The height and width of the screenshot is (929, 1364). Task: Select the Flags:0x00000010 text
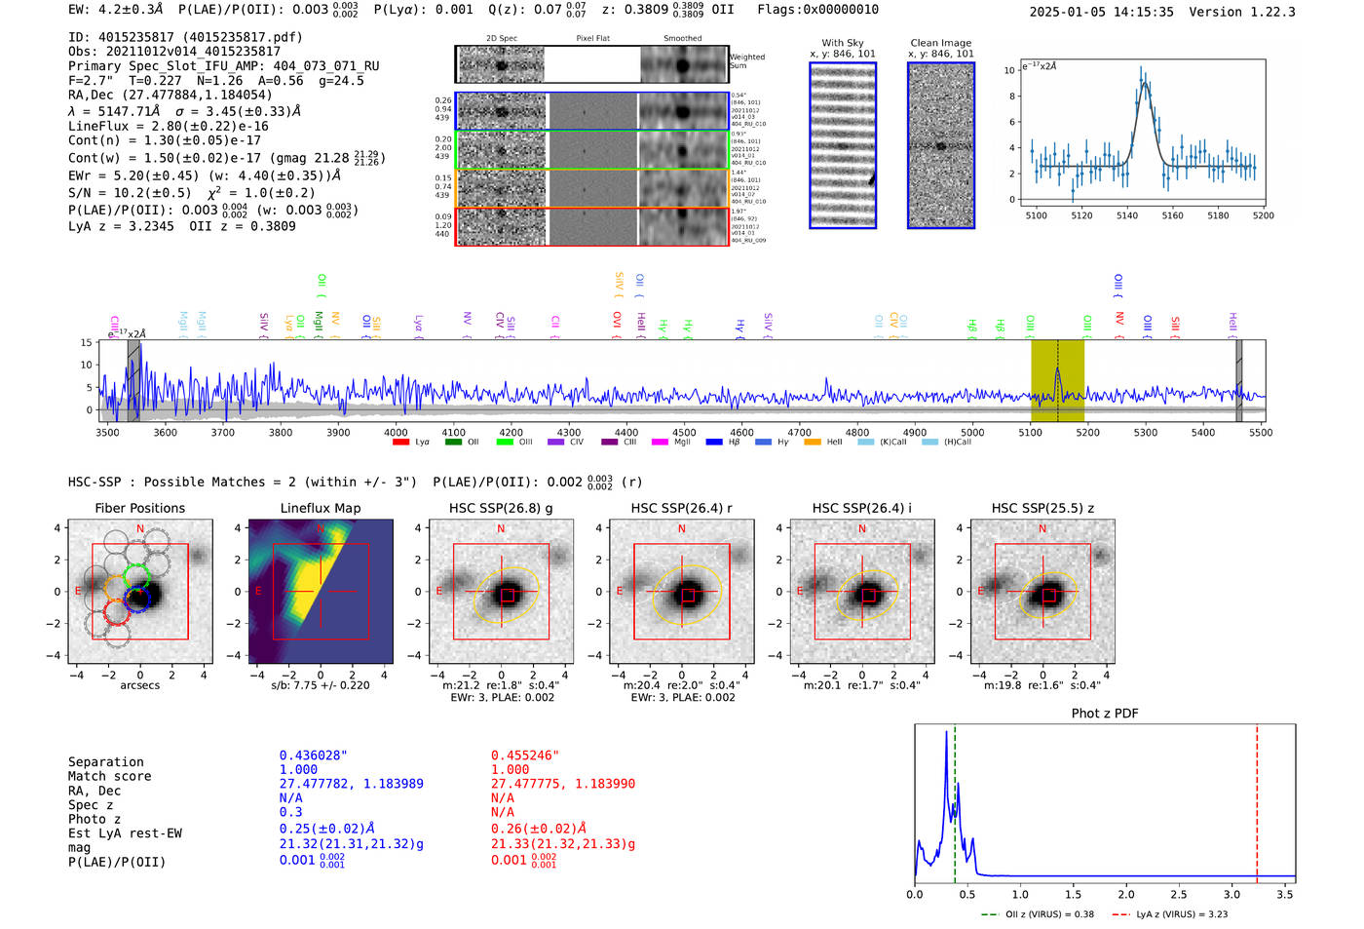click(817, 10)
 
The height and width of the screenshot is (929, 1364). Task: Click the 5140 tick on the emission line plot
click(1127, 215)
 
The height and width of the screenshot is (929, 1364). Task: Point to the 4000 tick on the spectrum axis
click(396, 433)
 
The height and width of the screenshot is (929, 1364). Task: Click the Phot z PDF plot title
click(1105, 714)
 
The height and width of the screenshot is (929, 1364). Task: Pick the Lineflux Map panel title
click(321, 508)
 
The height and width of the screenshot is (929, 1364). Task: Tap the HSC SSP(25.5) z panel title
click(1042, 508)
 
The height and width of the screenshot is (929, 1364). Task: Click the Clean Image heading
click(940, 43)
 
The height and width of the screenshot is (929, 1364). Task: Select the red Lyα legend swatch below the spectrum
click(400, 443)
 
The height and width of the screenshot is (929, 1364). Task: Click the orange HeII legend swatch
click(813, 443)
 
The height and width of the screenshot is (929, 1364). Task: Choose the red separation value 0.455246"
click(525, 755)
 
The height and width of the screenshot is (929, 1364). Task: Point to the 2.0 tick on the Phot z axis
click(1126, 894)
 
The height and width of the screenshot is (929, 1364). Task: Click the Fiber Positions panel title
click(139, 508)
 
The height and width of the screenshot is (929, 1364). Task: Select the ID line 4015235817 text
click(185, 37)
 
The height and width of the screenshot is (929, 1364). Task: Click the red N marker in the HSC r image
click(682, 529)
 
